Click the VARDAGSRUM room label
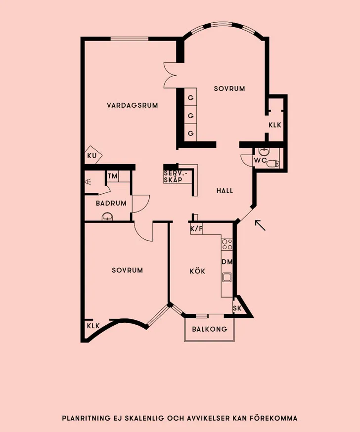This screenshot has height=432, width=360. pos(133,105)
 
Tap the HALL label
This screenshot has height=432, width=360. pos(225,191)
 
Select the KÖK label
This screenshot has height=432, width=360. pos(198,271)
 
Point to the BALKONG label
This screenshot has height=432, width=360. pos(210,329)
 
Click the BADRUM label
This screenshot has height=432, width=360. pos(111,203)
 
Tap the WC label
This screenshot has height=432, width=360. pos(260,160)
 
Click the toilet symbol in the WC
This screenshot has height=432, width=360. pos(272,164)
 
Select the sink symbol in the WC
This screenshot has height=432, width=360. pos(265,152)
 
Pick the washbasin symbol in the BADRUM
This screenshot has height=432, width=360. pos(107,216)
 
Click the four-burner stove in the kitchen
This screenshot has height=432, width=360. pos(227,244)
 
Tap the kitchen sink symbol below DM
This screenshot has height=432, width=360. pos(227,277)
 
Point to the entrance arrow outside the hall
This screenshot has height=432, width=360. pos(260,225)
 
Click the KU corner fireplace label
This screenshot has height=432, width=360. pos(92,156)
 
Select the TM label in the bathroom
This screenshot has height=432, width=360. pos(112,176)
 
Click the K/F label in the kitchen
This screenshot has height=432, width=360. pos(196,229)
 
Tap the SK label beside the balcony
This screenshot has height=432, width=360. pos(237,308)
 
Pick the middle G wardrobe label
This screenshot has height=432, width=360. pos(190,116)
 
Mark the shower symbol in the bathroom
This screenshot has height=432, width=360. pos(88,181)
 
